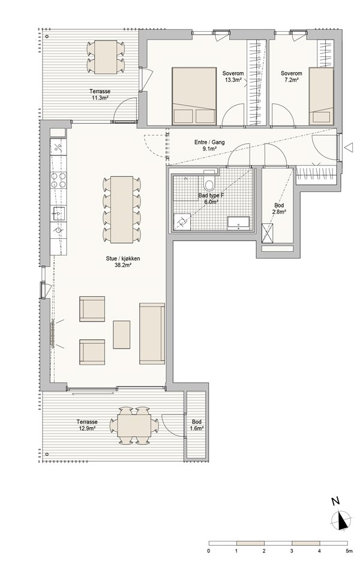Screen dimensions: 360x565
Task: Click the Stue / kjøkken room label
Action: pyautogui.click(x=122, y=259)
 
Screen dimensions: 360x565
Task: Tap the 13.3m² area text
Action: pyautogui.click(x=233, y=80)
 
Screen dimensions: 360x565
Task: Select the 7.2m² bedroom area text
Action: pyautogui.click(x=292, y=80)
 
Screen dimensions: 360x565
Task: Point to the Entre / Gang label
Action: pyautogui.click(x=209, y=142)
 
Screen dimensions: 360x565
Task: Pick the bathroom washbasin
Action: pyautogui.click(x=238, y=223)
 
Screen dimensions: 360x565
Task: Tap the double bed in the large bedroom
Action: pyautogui.click(x=194, y=96)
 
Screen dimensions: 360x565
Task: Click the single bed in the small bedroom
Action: pyautogui.click(x=321, y=96)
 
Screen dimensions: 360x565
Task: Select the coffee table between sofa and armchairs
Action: pyautogui.click(x=121, y=335)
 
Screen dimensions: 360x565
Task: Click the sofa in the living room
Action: pyautogui.click(x=152, y=333)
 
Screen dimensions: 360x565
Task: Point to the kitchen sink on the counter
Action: pyautogui.click(x=58, y=214)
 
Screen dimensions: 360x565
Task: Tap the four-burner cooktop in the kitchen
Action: pyautogui.click(x=58, y=180)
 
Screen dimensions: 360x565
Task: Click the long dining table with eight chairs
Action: pyautogui.click(x=122, y=209)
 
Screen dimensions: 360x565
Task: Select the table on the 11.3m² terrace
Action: pyautogui.click(x=106, y=57)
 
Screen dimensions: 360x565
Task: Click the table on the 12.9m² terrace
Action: pyautogui.click(x=134, y=425)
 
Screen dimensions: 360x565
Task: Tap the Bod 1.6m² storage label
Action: pyautogui.click(x=197, y=425)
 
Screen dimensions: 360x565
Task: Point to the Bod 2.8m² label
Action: pyautogui.click(x=279, y=209)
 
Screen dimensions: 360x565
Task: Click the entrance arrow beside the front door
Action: pyautogui.click(x=349, y=147)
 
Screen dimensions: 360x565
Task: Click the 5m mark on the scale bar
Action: pyautogui.click(x=348, y=551)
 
